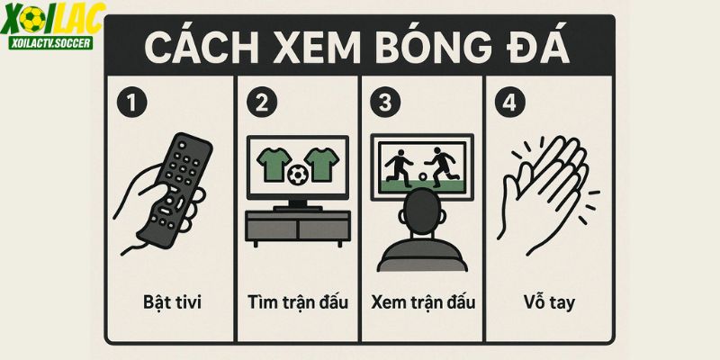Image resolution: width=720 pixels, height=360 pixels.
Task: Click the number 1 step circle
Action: point(131,103)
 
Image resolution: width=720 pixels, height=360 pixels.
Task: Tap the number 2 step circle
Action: point(262,103)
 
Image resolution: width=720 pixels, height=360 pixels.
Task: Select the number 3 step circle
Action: point(386,103)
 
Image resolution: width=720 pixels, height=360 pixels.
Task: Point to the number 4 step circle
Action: point(509,103)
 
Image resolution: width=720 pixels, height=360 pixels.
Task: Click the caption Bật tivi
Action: point(172,302)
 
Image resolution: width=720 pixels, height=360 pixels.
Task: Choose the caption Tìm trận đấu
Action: point(298,301)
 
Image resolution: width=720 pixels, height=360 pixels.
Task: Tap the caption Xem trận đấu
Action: point(423,301)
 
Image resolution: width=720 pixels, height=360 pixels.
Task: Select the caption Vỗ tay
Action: point(549,302)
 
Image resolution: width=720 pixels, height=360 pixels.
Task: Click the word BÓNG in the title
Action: point(423,47)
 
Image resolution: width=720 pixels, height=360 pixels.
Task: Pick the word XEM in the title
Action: point(316,48)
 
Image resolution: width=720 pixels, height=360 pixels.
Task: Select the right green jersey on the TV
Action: point(322,164)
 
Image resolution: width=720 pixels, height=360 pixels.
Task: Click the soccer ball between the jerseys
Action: point(298,175)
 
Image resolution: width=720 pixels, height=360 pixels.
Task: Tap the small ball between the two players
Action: point(422,176)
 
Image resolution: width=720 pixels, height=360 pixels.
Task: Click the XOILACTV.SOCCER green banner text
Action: point(50,42)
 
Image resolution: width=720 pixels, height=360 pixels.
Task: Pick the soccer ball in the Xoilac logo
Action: point(32,19)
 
